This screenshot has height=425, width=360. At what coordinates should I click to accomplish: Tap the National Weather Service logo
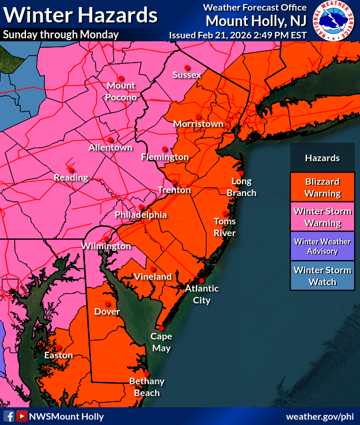[x=334, y=22]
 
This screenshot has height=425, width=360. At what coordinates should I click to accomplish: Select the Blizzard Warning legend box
[x=322, y=187]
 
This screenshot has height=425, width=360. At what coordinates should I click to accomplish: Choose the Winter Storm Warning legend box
[x=322, y=217]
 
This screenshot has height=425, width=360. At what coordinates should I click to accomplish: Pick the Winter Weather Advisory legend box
[x=322, y=246]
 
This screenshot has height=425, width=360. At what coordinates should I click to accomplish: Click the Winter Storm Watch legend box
[x=322, y=276]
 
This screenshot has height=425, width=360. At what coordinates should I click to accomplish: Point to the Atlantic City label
[x=202, y=294]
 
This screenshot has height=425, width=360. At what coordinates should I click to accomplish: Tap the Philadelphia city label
[x=140, y=215]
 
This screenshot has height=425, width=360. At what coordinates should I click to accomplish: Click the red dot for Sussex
[x=187, y=67]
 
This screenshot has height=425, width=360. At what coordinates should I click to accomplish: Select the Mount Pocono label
[x=122, y=91]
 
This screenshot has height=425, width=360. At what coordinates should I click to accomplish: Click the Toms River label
[x=224, y=227]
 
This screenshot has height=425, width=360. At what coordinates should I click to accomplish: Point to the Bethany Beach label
[x=146, y=387]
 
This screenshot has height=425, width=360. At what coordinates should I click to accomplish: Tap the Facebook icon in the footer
[x=9, y=416]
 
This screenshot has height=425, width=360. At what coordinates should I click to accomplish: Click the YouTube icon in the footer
[x=21, y=416]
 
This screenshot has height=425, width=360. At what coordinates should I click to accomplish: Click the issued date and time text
[x=238, y=35]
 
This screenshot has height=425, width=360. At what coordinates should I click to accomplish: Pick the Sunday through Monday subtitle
[x=61, y=34]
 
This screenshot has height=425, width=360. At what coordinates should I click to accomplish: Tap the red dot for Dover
[x=107, y=303]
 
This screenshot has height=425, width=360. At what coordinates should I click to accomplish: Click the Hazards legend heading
[x=322, y=158]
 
